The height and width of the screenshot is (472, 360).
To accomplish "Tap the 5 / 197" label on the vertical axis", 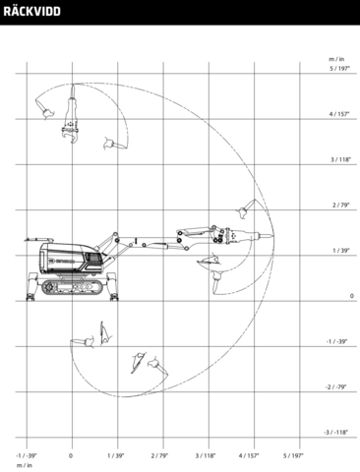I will (x=341, y=69).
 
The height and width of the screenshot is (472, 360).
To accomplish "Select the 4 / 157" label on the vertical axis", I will (x=341, y=114).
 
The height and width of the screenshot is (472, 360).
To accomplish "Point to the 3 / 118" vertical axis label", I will (x=341, y=159).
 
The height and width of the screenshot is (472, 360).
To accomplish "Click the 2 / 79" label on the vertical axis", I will (x=342, y=206).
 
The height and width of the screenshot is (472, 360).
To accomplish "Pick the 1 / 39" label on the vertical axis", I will (x=342, y=251).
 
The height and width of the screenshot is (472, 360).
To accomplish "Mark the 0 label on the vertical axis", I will (x=351, y=296).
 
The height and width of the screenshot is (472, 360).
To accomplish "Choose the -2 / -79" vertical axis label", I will (x=340, y=387).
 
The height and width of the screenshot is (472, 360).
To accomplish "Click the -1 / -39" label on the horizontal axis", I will (x=27, y=456).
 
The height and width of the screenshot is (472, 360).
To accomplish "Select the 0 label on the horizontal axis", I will (x=71, y=456).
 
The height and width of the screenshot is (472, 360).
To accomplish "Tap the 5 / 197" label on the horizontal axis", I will (x=295, y=456).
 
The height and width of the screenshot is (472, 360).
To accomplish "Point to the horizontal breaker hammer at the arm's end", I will (x=236, y=237).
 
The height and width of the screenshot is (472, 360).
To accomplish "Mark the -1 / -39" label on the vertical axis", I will (x=340, y=342).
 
